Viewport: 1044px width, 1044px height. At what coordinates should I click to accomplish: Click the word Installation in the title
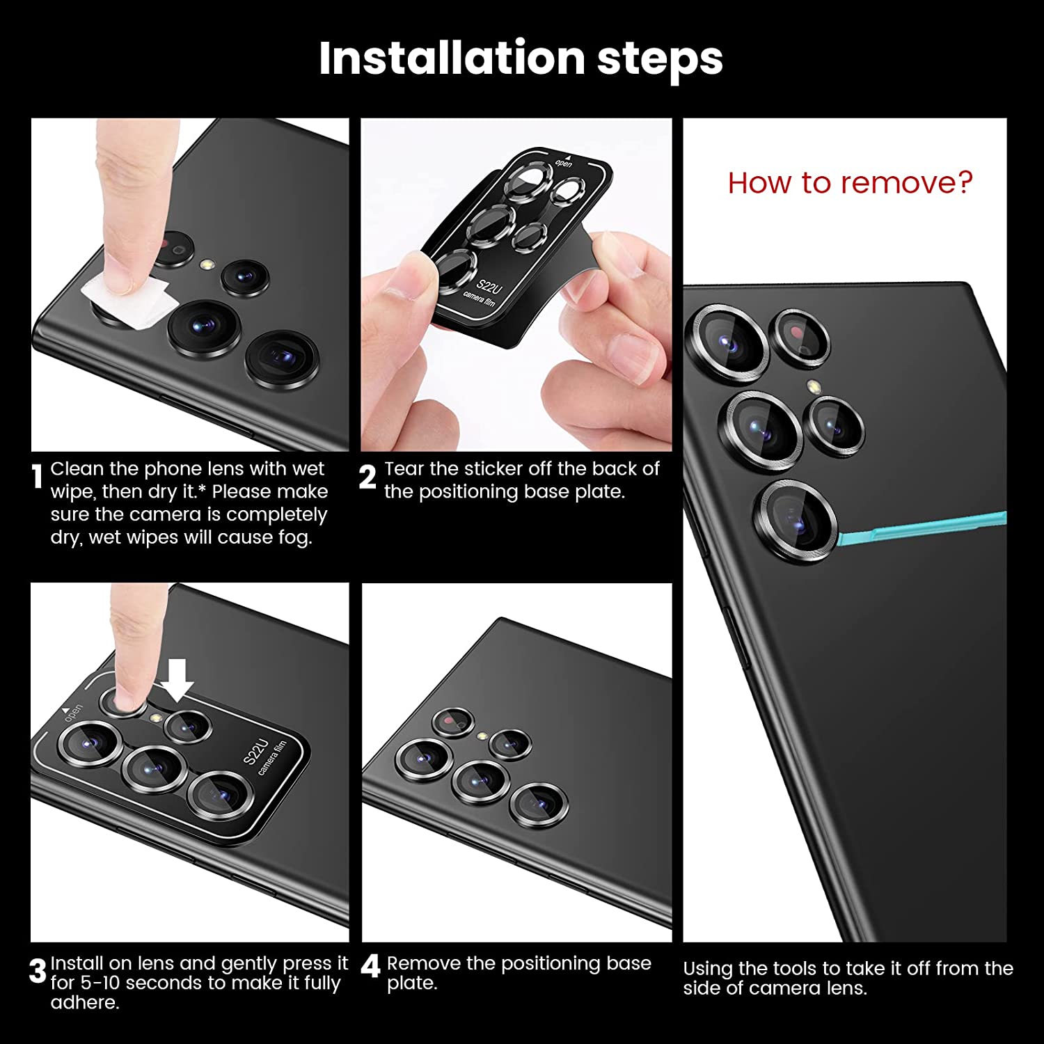pos(452,58)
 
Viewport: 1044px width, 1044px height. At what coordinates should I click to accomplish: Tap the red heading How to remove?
pos(850,182)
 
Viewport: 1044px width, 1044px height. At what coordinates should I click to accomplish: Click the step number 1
pos(38,477)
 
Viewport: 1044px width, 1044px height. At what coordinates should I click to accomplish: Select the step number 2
pos(367,477)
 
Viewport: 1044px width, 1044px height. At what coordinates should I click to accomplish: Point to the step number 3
pos(38,972)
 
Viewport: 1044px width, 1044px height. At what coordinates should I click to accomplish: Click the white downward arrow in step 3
pos(177,680)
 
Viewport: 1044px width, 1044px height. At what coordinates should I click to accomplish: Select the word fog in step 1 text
pos(294,538)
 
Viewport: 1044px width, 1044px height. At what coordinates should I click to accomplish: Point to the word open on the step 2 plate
pos(563,164)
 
